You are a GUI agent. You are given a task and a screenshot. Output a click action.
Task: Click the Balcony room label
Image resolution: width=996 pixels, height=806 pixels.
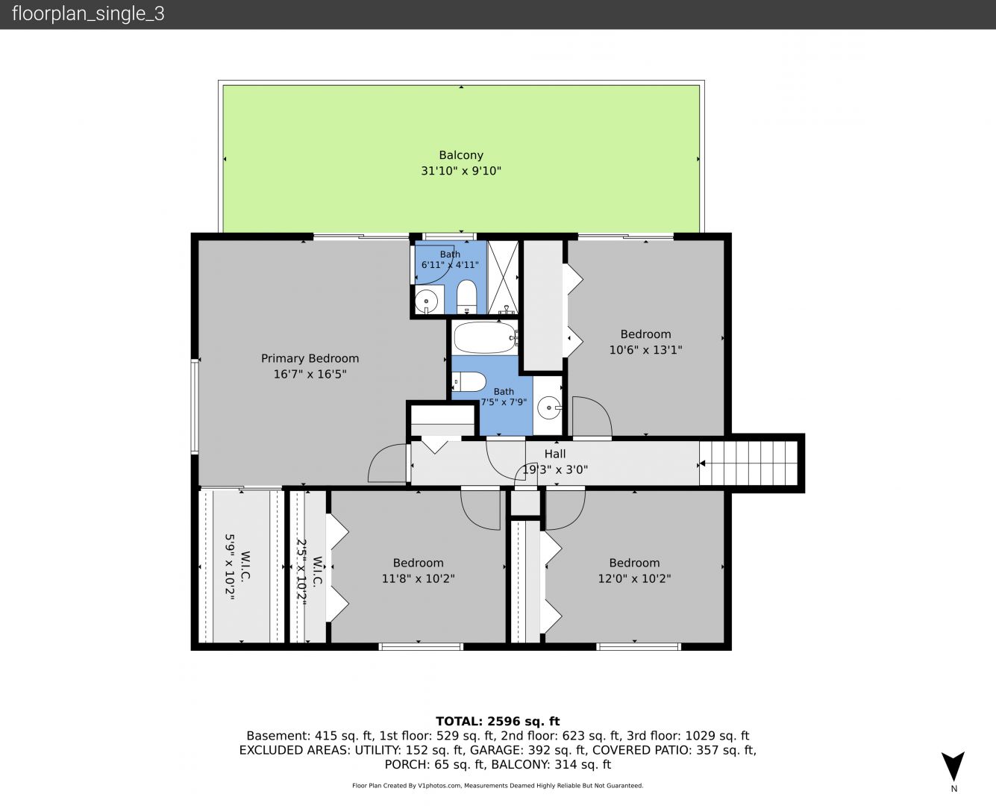(461, 154)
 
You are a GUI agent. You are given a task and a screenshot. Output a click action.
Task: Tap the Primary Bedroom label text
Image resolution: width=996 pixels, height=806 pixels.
(310, 358)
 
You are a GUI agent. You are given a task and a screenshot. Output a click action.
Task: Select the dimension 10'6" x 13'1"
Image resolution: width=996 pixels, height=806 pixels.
(646, 350)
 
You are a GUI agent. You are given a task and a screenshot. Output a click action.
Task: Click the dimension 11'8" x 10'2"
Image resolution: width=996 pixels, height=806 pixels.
(418, 578)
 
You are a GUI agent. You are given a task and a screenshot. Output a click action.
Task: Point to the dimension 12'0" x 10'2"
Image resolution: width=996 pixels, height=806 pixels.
(635, 578)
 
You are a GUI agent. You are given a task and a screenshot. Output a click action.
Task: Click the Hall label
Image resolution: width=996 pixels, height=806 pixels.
(555, 454)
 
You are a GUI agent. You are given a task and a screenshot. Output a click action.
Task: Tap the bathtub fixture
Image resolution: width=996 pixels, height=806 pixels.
(486, 337)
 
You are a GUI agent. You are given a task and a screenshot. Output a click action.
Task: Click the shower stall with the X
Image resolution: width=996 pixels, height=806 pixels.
(503, 278)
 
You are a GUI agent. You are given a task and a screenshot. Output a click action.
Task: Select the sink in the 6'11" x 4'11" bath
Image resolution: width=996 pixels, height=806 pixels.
(427, 299)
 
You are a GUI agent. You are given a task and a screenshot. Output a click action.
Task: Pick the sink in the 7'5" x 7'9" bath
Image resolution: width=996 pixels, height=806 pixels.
(549, 408)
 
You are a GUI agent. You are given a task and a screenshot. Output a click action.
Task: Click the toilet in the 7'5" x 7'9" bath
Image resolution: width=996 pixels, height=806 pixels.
(469, 381)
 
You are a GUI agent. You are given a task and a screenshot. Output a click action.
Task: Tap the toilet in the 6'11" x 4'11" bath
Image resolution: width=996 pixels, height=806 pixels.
(466, 296)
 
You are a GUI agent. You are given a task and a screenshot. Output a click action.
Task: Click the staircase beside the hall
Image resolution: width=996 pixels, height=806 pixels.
(748, 463)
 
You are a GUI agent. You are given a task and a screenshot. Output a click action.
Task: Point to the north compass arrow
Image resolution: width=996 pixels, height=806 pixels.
(953, 766)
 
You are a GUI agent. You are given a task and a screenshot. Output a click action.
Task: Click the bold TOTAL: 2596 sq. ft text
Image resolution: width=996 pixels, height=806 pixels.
(498, 722)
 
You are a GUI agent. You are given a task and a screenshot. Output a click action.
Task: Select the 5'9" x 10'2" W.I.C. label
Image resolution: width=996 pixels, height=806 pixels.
(237, 566)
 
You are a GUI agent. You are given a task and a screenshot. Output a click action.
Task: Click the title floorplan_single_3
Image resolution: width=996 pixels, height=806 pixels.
(88, 14)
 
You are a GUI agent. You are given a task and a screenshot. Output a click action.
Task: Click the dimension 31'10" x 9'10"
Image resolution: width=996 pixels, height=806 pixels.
(461, 171)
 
